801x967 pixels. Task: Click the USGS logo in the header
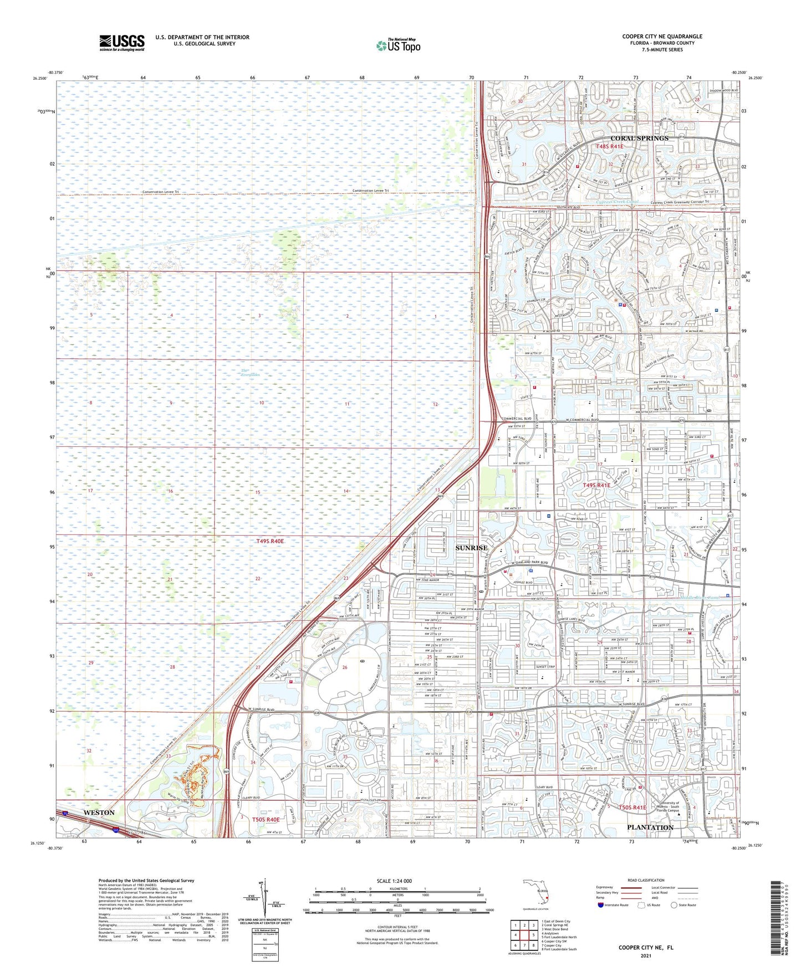(x=122, y=43)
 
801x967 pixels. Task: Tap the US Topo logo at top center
(x=397, y=45)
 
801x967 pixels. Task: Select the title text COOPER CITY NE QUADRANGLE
(x=662, y=37)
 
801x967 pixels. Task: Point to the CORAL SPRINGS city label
(x=639, y=138)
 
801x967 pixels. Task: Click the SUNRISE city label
(x=471, y=548)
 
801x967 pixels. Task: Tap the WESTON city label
(x=99, y=812)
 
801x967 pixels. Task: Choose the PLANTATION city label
(x=650, y=827)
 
